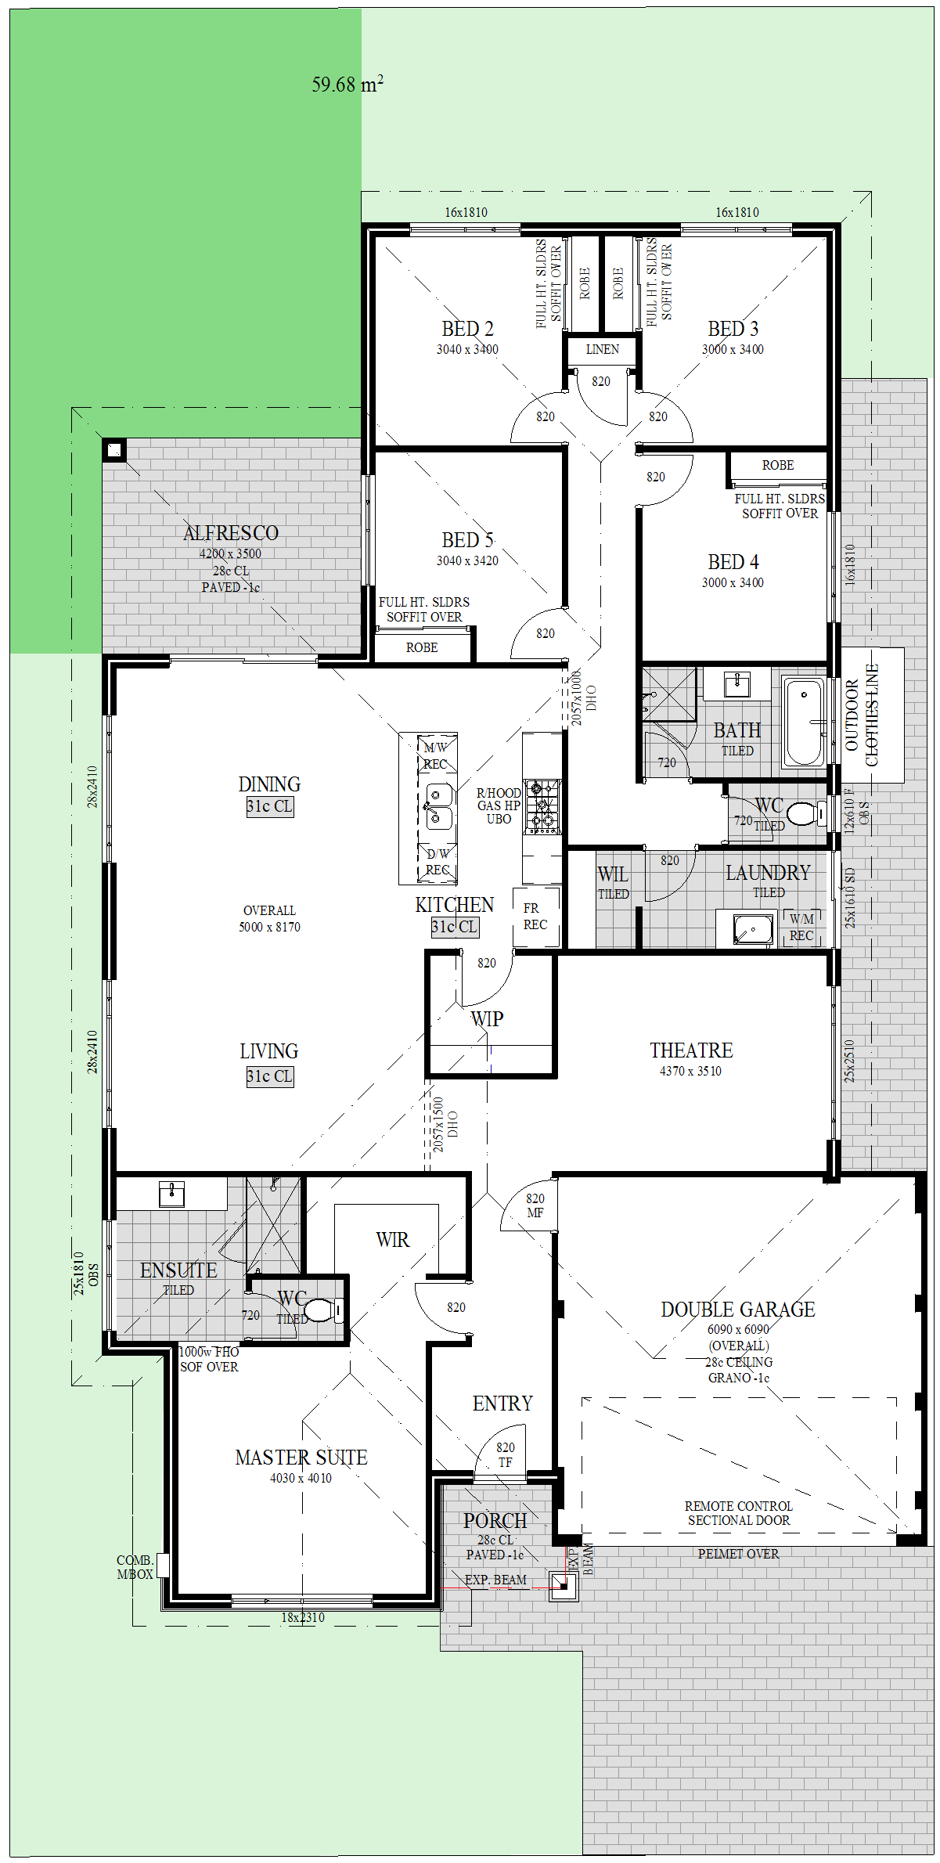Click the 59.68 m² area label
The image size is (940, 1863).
click(x=348, y=84)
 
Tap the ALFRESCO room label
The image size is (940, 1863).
click(x=231, y=533)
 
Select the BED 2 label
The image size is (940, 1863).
click(x=467, y=329)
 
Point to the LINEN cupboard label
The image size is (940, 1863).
click(x=603, y=349)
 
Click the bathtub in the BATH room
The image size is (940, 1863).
click(x=805, y=722)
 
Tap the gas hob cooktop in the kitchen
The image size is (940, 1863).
click(x=542, y=805)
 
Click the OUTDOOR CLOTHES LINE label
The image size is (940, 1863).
click(x=862, y=715)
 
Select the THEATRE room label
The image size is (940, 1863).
click(x=691, y=1050)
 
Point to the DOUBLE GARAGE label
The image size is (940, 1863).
click(x=738, y=1310)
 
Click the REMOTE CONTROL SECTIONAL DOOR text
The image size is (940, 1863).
click(x=739, y=1513)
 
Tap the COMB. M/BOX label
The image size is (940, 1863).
click(x=135, y=1567)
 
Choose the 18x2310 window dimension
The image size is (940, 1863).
click(x=303, y=1617)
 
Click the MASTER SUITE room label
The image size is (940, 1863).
click(x=301, y=1458)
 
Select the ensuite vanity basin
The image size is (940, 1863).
click(x=172, y=1195)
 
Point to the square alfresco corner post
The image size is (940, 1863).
click(x=114, y=450)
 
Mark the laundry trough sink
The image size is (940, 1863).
click(x=753, y=929)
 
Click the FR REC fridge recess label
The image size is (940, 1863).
click(x=535, y=917)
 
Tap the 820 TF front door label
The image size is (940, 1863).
click(x=506, y=1455)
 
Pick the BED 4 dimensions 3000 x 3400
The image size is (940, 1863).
click(x=733, y=582)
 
